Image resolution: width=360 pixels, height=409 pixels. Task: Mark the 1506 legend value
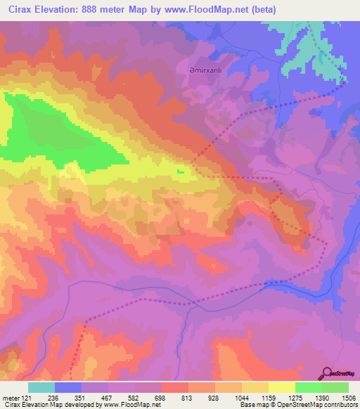(347, 398)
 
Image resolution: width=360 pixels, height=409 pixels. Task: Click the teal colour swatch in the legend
(41, 387)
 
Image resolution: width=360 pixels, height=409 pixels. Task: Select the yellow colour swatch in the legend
(281, 387)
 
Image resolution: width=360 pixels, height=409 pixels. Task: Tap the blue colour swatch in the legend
(68, 387)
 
